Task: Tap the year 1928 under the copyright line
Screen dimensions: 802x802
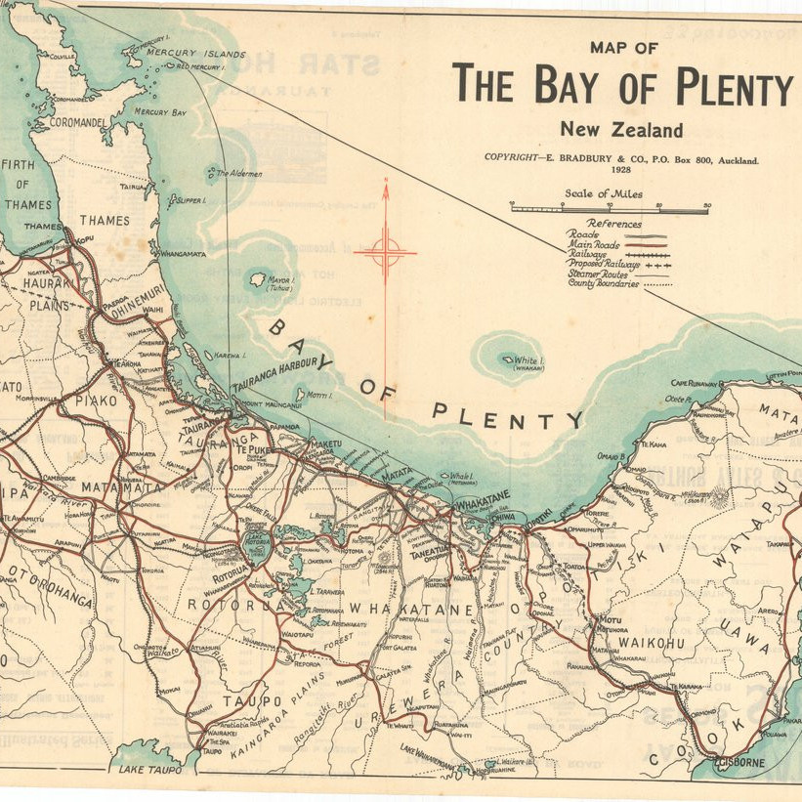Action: (619, 169)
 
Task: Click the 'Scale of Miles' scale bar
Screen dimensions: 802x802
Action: (610, 208)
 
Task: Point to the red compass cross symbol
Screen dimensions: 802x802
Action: (386, 253)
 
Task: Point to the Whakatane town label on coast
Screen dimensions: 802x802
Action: (485, 495)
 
